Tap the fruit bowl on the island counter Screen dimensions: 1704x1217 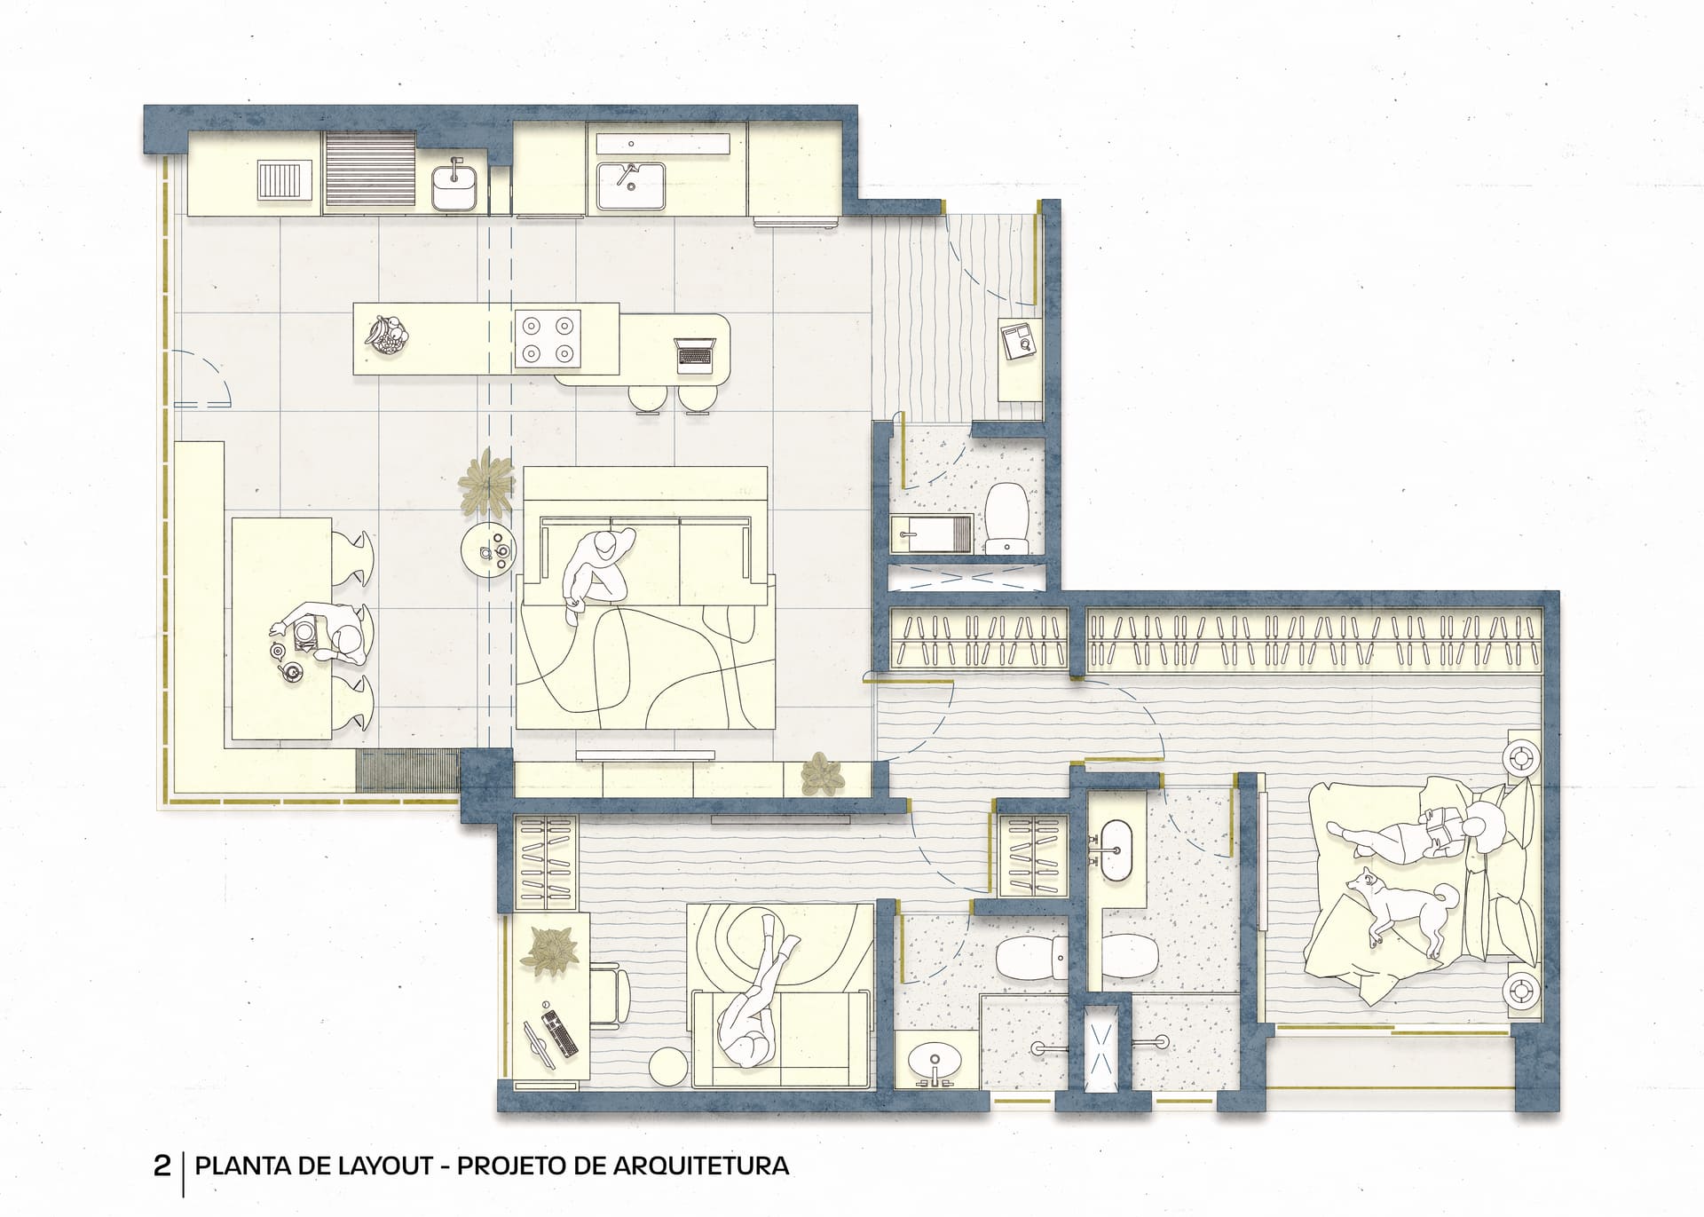pos(387,335)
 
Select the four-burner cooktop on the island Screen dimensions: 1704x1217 pos(548,338)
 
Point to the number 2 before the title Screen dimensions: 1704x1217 pos(162,1166)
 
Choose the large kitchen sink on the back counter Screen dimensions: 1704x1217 pos(630,186)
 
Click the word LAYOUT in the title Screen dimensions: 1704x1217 pos(388,1166)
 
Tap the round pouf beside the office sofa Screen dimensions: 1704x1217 pos(670,1066)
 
